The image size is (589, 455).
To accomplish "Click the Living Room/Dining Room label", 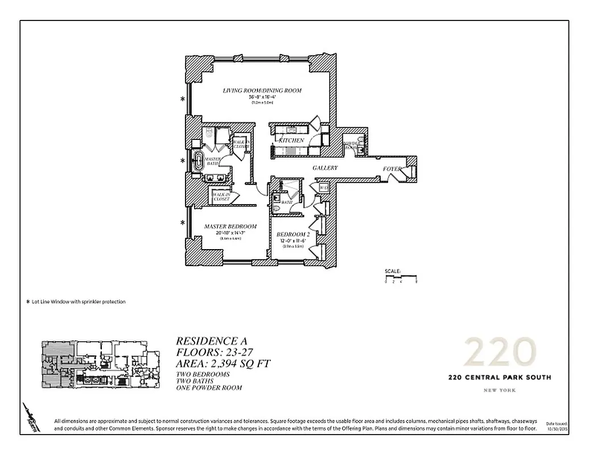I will coord(262,90).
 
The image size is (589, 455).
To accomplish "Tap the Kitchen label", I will coord(291,140).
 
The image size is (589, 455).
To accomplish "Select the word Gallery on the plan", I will coord(325,168).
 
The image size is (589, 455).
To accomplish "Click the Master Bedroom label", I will coord(230,226).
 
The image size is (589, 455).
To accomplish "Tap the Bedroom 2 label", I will coord(293,235).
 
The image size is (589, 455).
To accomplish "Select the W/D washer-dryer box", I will coord(323,188).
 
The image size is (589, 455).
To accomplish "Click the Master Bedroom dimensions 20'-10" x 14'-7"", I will coord(230,233).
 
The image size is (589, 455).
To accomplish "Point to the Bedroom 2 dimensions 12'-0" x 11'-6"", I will coord(293,241).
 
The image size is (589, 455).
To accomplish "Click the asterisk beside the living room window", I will coord(183,99).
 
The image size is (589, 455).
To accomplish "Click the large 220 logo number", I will coord(499,352).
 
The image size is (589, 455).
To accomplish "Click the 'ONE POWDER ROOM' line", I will coord(209,388).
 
